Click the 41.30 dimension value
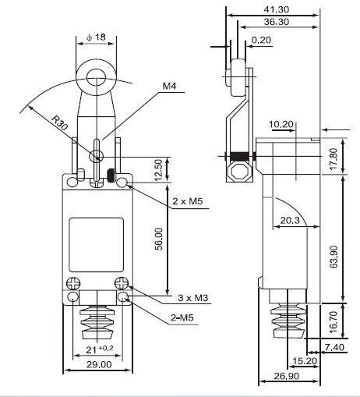pos(276,9)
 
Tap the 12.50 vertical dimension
pos(159,168)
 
